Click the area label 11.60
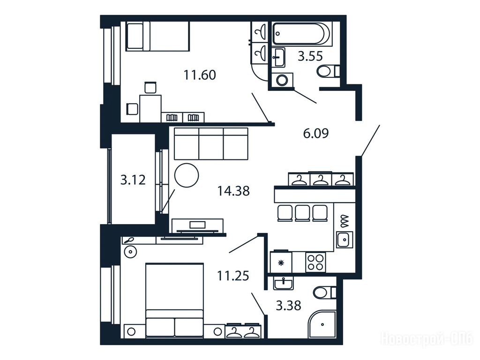(x=200, y=75)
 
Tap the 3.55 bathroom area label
(x=310, y=56)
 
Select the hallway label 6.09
(x=315, y=134)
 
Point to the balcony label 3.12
(x=133, y=180)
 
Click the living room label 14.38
(x=233, y=191)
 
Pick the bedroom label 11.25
(x=233, y=276)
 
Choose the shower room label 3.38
(x=288, y=306)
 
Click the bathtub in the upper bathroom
(x=301, y=34)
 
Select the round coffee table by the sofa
(x=187, y=175)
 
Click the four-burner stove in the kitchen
(x=315, y=262)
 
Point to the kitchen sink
(x=345, y=240)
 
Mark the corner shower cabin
(x=322, y=325)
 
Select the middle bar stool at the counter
(x=302, y=213)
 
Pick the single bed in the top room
(x=158, y=36)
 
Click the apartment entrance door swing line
(x=370, y=141)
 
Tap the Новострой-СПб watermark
(x=427, y=339)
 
